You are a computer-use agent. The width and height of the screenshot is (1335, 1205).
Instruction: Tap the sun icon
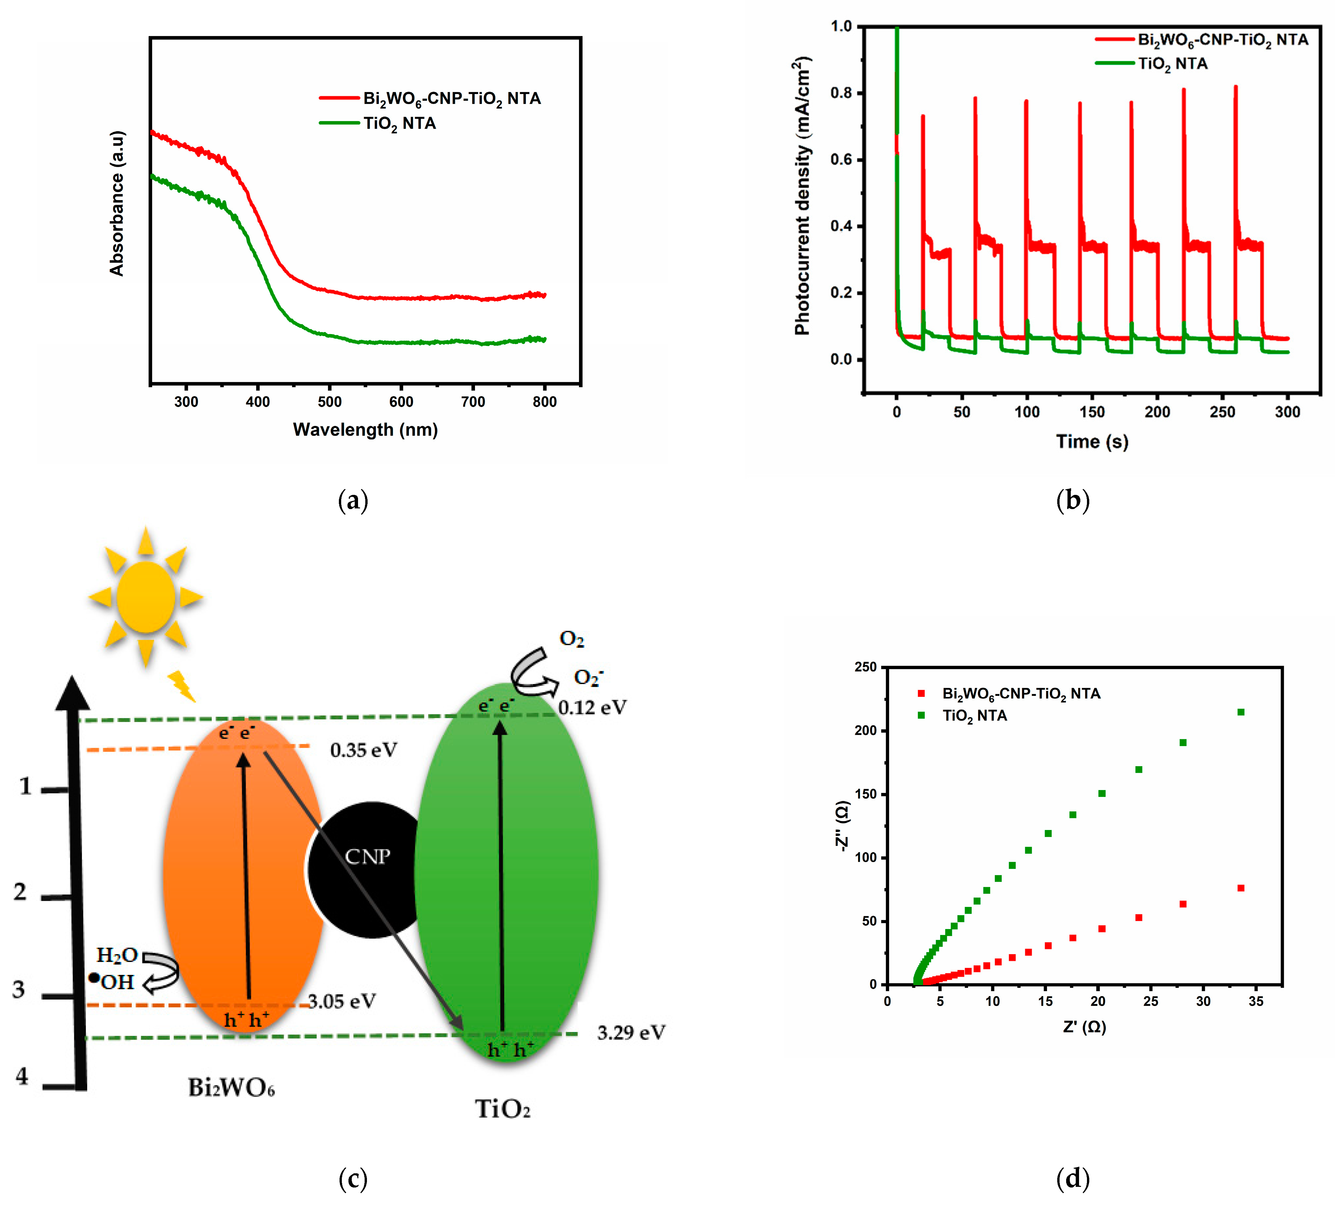pos(146,597)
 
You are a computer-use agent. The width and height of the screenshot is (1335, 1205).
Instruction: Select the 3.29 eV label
pos(631,1033)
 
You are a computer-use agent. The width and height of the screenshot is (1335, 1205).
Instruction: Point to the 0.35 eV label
pos(364,750)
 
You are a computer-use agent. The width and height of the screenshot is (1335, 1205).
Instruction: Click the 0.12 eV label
pos(592,708)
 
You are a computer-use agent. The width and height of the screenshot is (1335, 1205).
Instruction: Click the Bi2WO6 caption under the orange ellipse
pos(231,1088)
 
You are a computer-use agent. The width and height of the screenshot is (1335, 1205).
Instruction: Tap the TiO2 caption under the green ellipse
pos(503,1109)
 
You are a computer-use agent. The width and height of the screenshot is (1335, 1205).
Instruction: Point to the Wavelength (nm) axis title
pos(366,430)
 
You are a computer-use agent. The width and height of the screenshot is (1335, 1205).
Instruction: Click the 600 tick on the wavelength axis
pos(401,402)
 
